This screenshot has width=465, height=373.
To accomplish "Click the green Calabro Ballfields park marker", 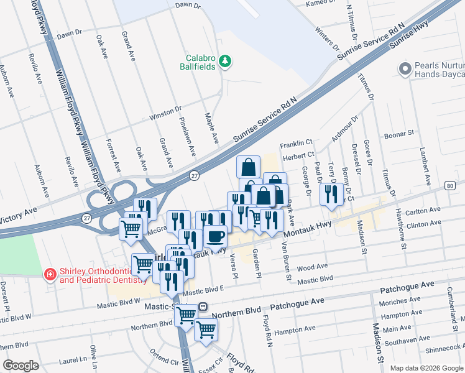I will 225,61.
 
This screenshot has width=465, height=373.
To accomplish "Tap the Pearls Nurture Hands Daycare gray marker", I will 406,67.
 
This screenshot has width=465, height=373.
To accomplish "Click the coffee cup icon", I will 216,236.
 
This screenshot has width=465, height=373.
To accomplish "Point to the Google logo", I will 21,365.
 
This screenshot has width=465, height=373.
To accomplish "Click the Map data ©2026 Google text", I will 425,367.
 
